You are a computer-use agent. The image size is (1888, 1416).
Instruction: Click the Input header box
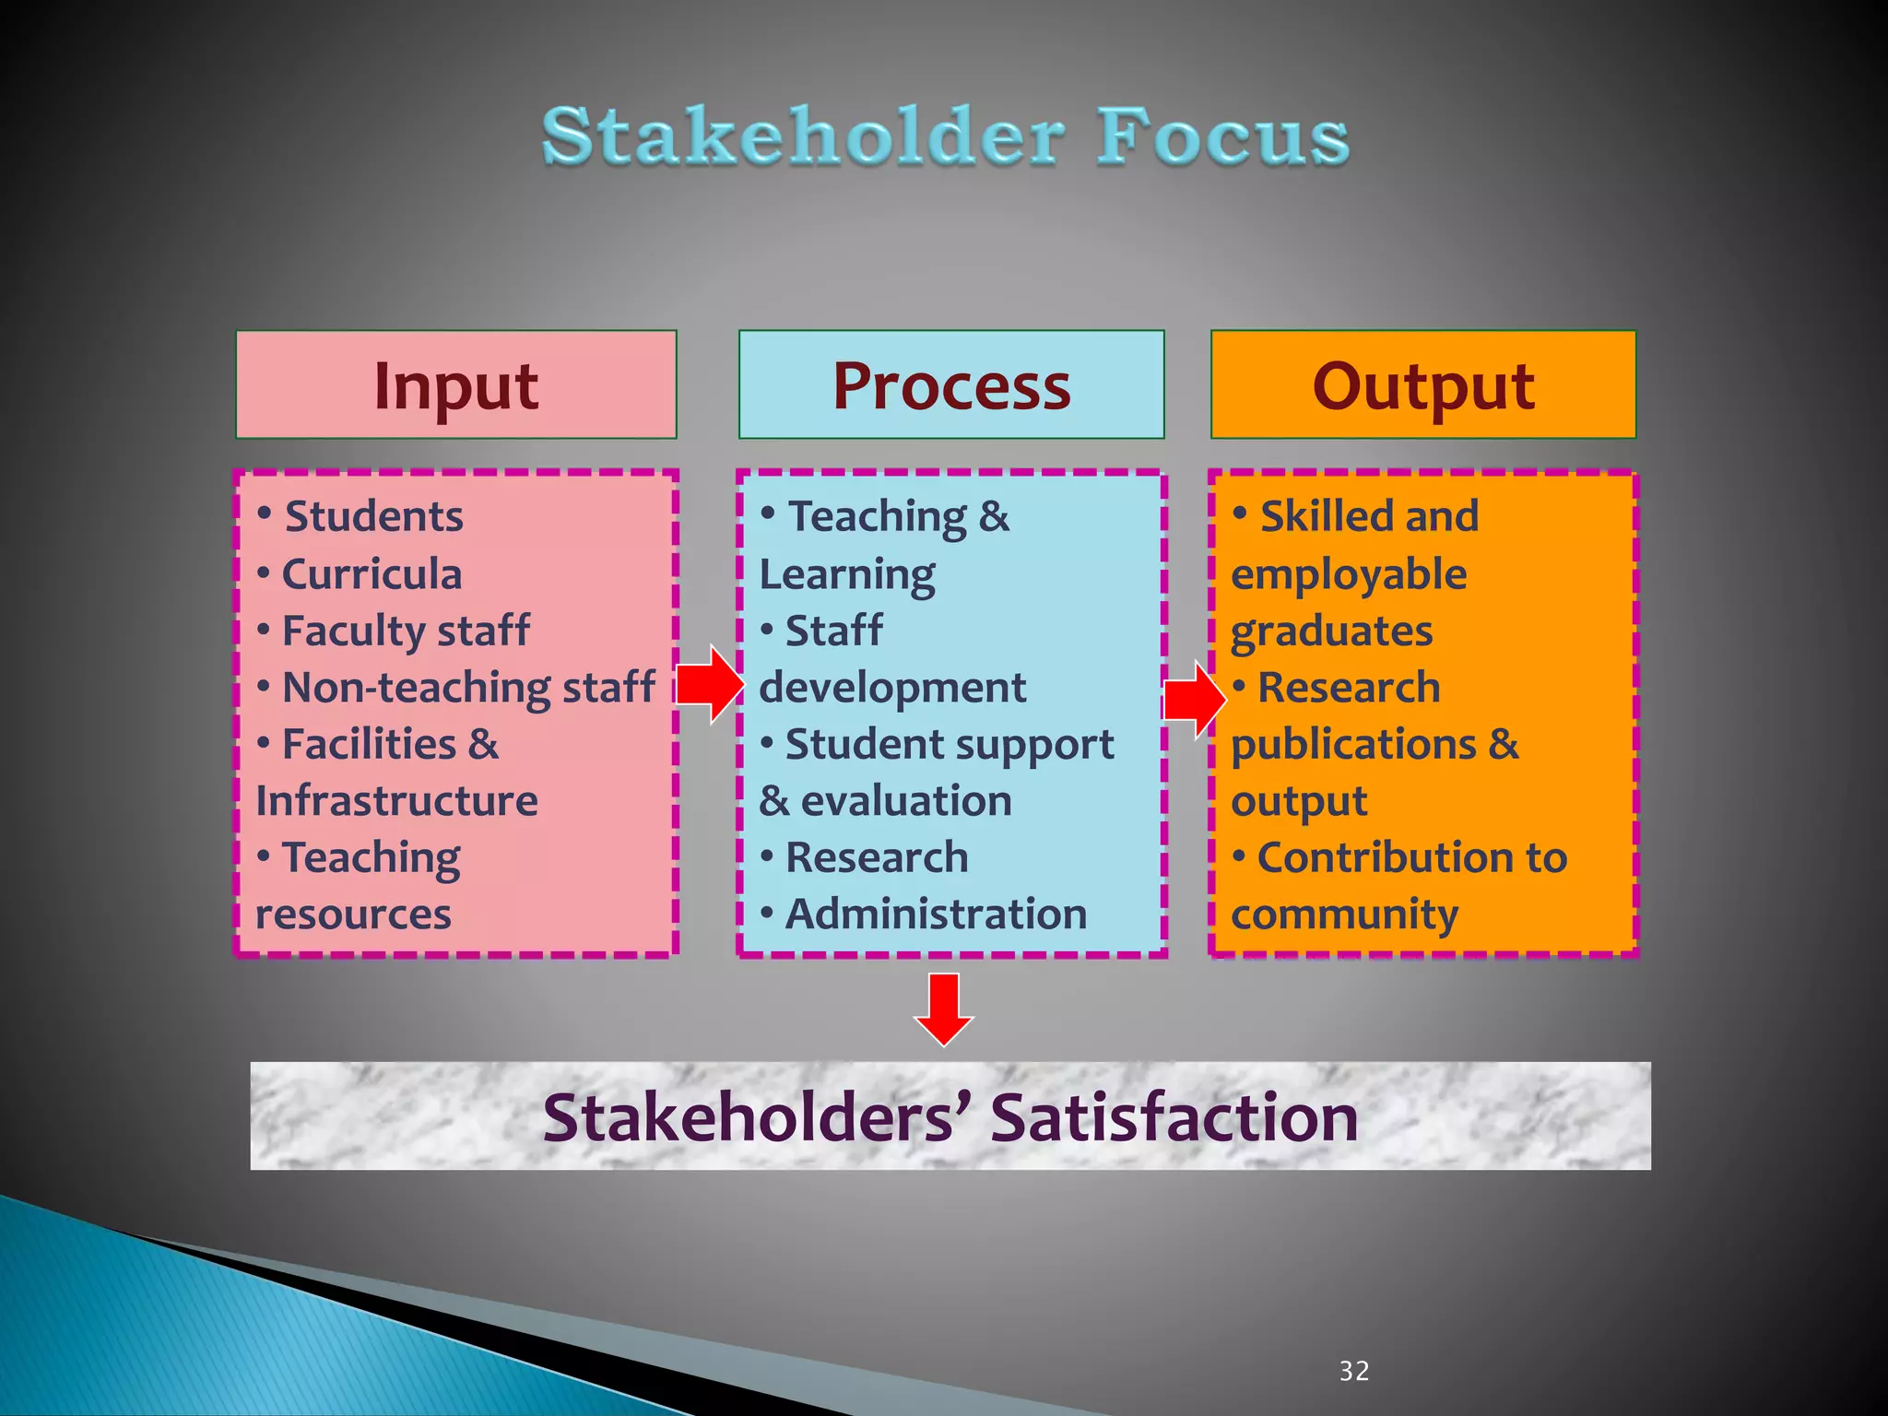[x=455, y=384]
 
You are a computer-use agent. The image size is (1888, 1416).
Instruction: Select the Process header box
[x=950, y=384]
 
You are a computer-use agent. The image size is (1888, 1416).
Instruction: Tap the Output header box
[x=1422, y=384]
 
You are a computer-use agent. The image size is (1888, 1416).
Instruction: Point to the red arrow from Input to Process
[x=710, y=684]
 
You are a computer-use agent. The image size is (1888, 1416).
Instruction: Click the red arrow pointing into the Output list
[x=1195, y=699]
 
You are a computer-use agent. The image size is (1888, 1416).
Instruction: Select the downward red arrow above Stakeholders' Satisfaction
[x=943, y=1009]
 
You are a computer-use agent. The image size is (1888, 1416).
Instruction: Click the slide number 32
[x=1353, y=1371]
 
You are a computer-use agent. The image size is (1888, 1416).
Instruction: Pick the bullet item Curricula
[x=371, y=573]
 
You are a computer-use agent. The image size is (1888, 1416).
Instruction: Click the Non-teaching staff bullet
[x=468, y=687]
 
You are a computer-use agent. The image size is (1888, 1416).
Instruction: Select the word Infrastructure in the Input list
[x=396, y=800]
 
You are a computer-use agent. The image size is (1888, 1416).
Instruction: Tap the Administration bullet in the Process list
[x=935, y=914]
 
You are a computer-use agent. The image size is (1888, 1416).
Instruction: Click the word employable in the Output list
[x=1348, y=574]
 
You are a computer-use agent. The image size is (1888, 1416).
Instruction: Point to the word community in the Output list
[x=1344, y=914]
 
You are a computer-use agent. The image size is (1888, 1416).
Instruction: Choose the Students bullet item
[x=373, y=516]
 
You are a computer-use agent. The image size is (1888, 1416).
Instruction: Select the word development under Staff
[x=891, y=688]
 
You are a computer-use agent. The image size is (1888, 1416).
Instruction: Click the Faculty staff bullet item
[x=405, y=631]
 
